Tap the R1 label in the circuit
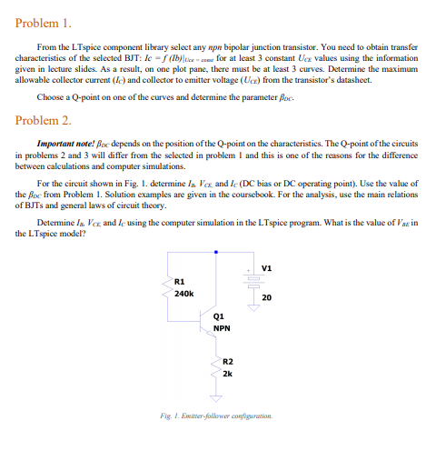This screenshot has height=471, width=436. coord(179,281)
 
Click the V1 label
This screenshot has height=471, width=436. coord(266,267)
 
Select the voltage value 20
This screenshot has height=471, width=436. coord(266,297)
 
